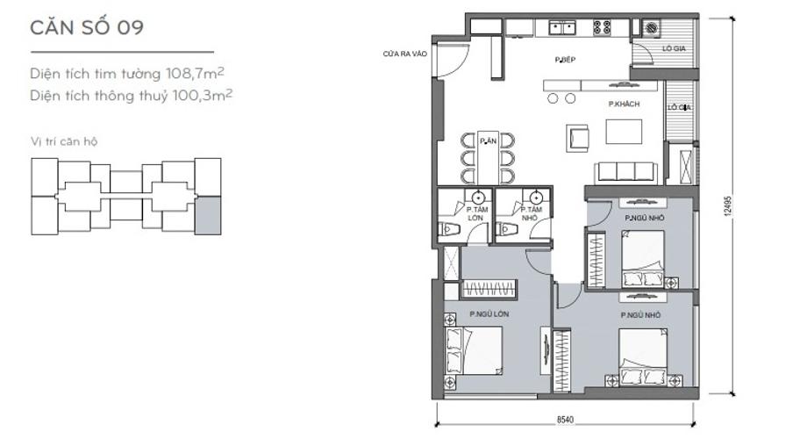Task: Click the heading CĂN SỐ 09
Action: click(87, 27)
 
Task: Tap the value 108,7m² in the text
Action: click(195, 74)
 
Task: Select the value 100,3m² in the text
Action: click(203, 96)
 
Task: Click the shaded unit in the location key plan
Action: click(208, 215)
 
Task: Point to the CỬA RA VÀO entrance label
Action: click(405, 54)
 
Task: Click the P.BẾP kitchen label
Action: click(565, 60)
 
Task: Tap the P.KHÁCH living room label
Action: click(624, 104)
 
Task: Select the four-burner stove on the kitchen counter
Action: click(602, 27)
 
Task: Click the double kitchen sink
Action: click(561, 27)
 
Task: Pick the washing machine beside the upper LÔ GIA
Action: click(651, 27)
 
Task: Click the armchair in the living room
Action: click(577, 138)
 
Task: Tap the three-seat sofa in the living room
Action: click(625, 171)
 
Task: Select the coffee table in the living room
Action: click(624, 131)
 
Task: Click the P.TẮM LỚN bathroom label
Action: click(476, 213)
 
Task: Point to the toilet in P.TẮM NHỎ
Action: click(505, 229)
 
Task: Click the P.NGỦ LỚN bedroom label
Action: click(489, 314)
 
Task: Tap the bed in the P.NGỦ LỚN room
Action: click(473, 351)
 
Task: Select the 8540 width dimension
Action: click(565, 420)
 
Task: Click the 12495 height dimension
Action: click(727, 205)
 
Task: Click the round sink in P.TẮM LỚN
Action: click(478, 197)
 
